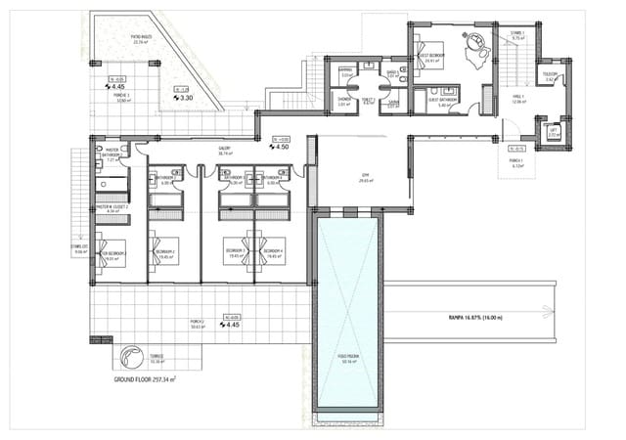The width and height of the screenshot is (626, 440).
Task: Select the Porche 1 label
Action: (x=516, y=163)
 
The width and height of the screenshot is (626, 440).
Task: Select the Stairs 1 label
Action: (x=516, y=35)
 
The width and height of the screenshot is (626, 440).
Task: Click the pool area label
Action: (x=347, y=358)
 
